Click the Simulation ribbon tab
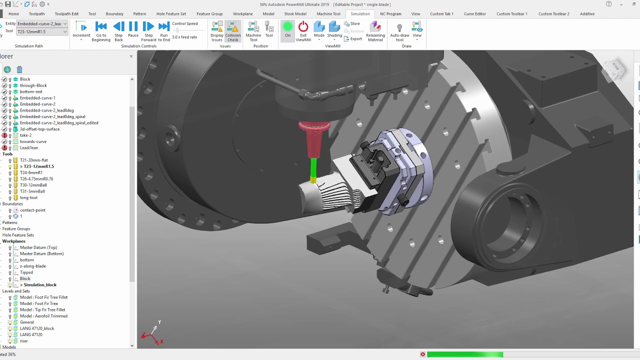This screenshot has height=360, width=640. [x=360, y=14]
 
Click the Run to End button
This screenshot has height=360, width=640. [x=164, y=31]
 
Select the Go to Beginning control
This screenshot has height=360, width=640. [x=101, y=31]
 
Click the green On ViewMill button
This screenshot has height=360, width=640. [x=287, y=29]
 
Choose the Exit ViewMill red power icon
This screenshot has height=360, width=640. [x=303, y=30]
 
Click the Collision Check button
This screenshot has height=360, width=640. [x=233, y=31]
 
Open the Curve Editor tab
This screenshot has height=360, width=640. [x=474, y=14]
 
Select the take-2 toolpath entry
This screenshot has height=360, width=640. [x=25, y=135]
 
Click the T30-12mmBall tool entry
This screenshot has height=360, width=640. [x=33, y=185]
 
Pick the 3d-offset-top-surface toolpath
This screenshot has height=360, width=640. [x=39, y=129]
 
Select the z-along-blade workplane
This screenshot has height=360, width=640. [x=32, y=266]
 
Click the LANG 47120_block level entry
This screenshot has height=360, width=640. [x=37, y=328]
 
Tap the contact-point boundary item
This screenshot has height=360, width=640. [x=32, y=210]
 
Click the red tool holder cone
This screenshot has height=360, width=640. [x=314, y=137]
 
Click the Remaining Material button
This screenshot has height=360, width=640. [x=375, y=31]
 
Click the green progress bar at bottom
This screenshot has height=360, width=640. [x=464, y=354]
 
